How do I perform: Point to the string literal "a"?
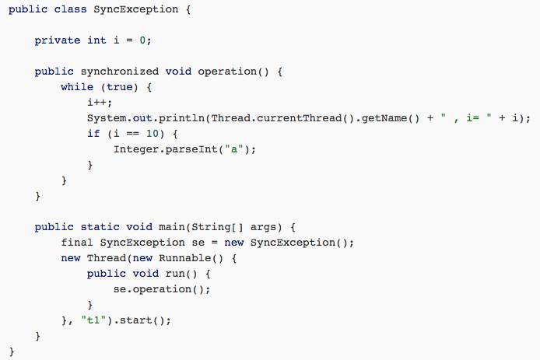[231, 149]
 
